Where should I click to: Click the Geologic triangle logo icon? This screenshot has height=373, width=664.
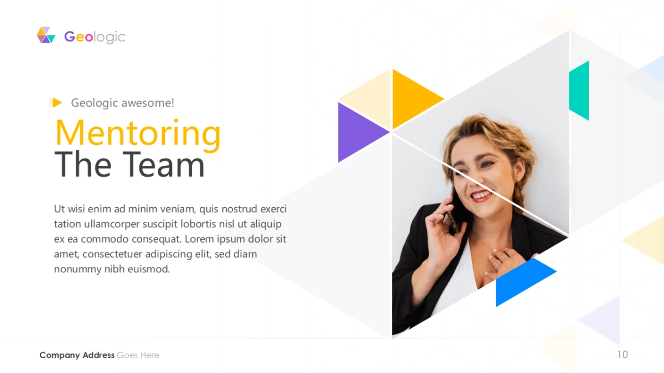pos(46,35)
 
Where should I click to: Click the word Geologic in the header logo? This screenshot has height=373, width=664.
pos(95,37)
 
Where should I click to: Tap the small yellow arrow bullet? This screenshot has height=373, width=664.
pos(56,103)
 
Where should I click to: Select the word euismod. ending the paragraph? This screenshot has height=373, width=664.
pos(148,269)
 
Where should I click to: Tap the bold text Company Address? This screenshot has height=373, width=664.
pos(77,355)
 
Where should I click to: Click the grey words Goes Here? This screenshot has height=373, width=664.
pos(138,355)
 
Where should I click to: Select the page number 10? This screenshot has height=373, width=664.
pos(622,355)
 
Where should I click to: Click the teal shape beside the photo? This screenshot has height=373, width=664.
pos(579,91)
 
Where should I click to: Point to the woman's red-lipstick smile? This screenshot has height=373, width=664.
pos(480,196)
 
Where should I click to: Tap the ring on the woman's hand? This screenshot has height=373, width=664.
pos(496,264)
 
